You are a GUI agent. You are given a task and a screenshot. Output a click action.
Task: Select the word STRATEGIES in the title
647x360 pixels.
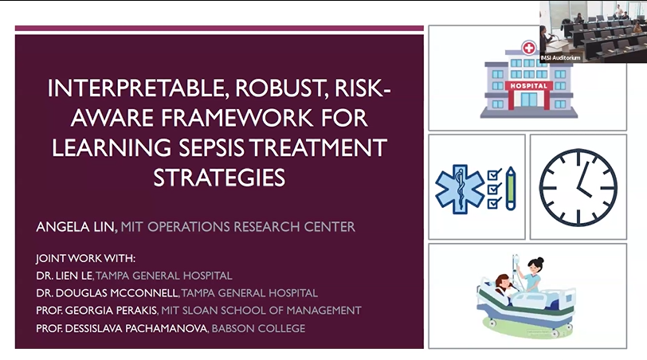(219, 178)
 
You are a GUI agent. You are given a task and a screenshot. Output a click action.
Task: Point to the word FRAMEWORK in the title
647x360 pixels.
(237, 118)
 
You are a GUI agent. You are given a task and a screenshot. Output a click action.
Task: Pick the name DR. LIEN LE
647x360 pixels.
(65, 276)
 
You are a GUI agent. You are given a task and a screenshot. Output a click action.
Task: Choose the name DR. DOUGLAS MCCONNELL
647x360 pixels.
(108, 293)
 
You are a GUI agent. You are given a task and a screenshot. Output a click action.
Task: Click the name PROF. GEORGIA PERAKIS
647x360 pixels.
(97, 311)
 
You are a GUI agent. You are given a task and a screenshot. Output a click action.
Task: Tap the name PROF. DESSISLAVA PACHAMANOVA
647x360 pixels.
(122, 329)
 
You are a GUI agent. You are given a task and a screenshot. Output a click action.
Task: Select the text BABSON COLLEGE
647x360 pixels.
(258, 329)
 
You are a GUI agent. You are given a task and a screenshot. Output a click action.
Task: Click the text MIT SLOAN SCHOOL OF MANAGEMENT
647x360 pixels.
(261, 311)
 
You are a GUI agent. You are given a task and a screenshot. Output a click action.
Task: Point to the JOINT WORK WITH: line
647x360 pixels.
(86, 259)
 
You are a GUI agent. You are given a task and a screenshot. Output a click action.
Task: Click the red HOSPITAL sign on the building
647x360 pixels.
(528, 86)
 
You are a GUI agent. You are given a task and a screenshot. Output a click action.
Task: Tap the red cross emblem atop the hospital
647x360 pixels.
(528, 48)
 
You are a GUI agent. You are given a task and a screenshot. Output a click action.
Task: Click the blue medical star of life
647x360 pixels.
(460, 190)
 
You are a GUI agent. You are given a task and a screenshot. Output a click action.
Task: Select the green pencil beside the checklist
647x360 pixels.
(511, 189)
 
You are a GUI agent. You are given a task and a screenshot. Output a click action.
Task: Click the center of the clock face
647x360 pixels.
(578, 188)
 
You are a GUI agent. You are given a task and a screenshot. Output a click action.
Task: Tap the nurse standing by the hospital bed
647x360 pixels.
(531, 274)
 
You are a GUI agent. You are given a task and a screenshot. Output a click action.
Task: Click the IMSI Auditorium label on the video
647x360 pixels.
(560, 57)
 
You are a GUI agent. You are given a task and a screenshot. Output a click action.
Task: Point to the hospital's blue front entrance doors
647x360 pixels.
(528, 100)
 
